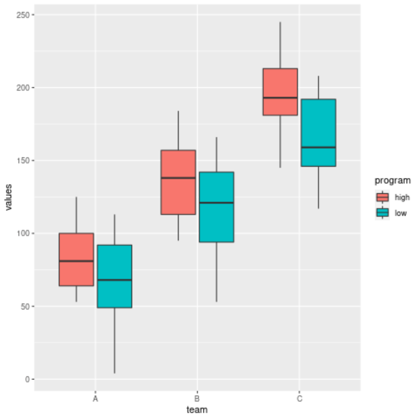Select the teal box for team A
tap(114, 292)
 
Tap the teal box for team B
tap(216, 222)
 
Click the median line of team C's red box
tap(280, 98)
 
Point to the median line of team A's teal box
tap(114, 280)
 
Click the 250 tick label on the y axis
tap(25, 15)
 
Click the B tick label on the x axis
tap(197, 399)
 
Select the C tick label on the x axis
tap(299, 399)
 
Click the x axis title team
tap(197, 410)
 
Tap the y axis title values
tap(9, 197)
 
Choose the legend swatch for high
tap(382, 197)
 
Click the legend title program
tap(392, 181)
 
